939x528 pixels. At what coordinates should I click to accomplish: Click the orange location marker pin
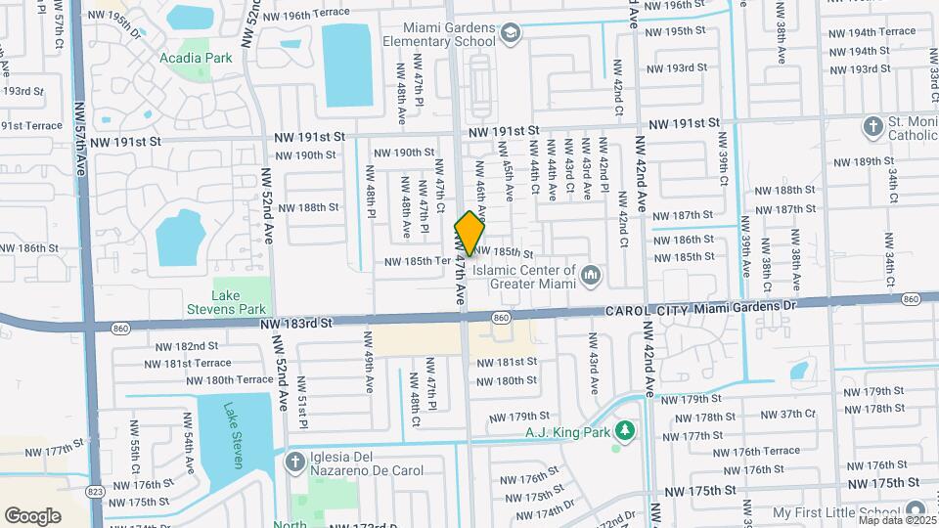tap(469, 234)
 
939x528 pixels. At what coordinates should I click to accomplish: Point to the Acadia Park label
tap(196, 58)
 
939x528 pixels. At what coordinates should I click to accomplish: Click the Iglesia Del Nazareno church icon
tap(294, 462)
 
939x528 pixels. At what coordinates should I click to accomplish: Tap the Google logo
tap(32, 515)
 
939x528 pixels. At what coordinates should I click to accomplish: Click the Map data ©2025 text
tap(895, 519)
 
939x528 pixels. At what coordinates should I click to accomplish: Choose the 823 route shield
tap(95, 490)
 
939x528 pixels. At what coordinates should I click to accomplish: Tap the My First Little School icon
tap(916, 510)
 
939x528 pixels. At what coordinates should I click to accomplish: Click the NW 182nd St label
tap(186, 346)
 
